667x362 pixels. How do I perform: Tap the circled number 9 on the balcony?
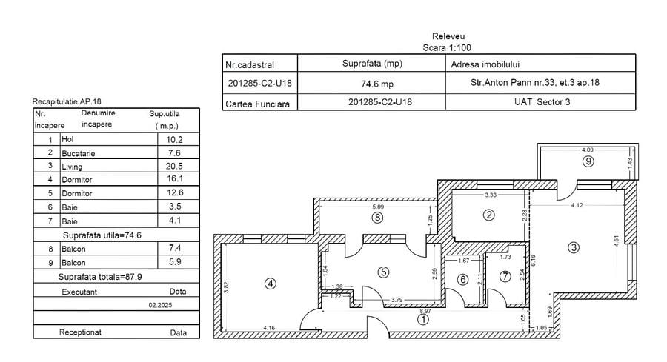(587, 160)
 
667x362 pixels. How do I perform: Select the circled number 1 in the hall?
(423, 320)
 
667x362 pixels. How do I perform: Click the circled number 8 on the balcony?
(377, 218)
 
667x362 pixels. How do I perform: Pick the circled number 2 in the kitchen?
(488, 215)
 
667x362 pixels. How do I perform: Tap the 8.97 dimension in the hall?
(424, 311)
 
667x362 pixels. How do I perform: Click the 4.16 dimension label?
(268, 327)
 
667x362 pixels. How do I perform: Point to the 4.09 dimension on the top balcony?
(587, 150)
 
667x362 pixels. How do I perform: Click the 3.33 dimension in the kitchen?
(490, 195)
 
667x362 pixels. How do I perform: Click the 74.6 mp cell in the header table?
(377, 84)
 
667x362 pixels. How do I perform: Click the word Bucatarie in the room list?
(79, 153)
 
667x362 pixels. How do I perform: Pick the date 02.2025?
(159, 304)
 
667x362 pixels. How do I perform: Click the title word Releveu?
(448, 36)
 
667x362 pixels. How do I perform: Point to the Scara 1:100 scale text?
(448, 46)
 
